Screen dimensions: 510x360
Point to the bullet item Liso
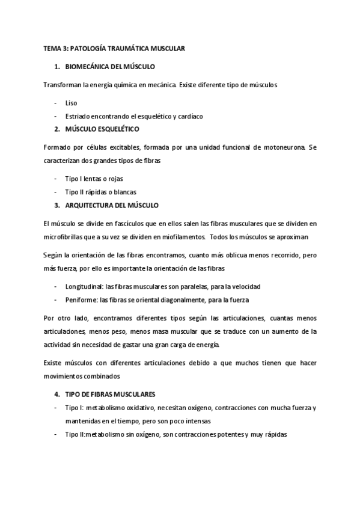click(71, 103)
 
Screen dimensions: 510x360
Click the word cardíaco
click(188, 115)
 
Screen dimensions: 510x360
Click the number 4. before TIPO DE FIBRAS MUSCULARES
click(56, 395)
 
